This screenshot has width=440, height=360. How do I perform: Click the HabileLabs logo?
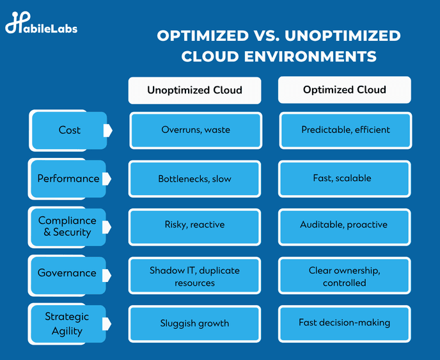click(41, 23)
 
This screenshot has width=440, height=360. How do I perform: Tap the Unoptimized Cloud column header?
click(195, 90)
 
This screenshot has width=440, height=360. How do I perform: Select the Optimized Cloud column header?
click(345, 90)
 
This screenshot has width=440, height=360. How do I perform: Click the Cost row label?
click(69, 130)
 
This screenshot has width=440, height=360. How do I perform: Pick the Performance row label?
click(68, 179)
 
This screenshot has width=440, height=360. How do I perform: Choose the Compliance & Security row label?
click(68, 227)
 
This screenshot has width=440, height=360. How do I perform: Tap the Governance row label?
click(67, 275)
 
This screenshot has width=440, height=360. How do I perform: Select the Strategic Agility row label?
click(67, 324)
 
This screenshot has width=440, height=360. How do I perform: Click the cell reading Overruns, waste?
click(196, 130)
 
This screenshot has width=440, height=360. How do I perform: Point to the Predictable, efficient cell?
click(346, 130)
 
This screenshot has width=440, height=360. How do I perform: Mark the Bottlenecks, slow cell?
click(195, 179)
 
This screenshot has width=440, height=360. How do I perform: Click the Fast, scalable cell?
click(345, 179)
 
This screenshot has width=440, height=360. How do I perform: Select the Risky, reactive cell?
click(195, 227)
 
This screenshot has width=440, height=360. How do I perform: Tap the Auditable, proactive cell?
click(345, 227)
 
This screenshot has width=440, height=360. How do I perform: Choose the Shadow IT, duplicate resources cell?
click(195, 276)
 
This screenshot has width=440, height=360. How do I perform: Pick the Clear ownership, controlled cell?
click(345, 276)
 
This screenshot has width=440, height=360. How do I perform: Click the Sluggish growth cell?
click(195, 324)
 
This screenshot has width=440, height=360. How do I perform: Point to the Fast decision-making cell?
click(345, 324)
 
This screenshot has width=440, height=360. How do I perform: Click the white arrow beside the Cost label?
click(107, 130)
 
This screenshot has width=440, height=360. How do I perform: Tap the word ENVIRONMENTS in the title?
click(310, 56)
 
